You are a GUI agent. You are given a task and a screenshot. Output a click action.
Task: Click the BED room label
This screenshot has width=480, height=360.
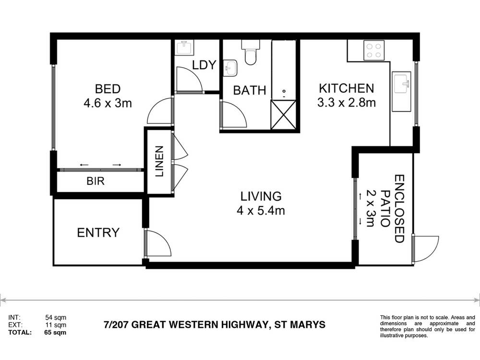(x=108, y=89)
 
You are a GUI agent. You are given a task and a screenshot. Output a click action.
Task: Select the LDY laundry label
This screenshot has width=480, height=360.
(x=204, y=65)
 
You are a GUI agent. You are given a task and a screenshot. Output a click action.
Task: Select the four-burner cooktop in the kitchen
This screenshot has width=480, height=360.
(x=374, y=50)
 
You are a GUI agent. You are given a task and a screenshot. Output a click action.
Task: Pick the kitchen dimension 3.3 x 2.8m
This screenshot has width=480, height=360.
(x=346, y=102)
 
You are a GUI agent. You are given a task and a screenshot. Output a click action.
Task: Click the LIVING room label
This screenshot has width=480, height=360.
(x=261, y=196)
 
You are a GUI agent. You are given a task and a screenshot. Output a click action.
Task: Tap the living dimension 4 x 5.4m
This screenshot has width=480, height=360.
(x=261, y=210)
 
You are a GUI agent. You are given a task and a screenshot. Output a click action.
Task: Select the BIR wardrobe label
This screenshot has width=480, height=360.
(x=96, y=181)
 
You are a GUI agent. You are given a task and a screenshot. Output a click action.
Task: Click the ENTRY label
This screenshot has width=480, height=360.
(x=98, y=233)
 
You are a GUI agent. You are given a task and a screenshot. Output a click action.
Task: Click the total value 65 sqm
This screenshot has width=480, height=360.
(x=56, y=332)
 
